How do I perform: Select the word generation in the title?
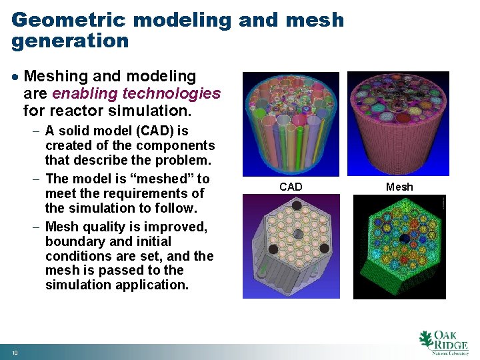coord(70,41)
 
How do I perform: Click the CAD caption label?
coord(291,187)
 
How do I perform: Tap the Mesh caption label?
coord(399,187)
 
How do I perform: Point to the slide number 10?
coord(15,352)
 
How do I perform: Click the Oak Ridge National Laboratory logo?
coord(443,341)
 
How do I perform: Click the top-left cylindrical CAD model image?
coord(291,125)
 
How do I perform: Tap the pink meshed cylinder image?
coord(399,125)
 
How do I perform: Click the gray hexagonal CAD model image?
coord(291,247)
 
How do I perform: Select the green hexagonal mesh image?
coord(399,247)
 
